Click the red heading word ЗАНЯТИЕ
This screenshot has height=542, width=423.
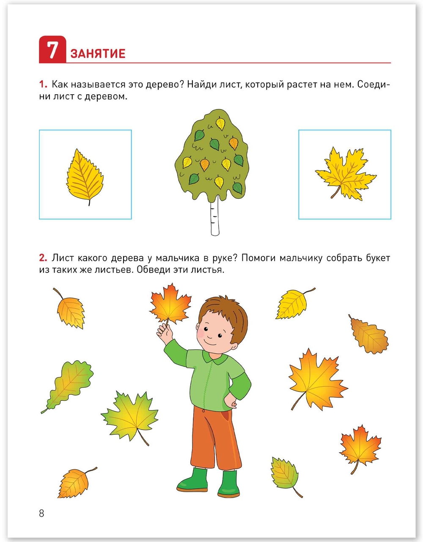tap(98, 54)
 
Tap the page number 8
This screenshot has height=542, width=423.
tap(41, 513)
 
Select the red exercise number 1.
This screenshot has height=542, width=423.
tap(43, 84)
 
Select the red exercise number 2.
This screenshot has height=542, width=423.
tap(43, 258)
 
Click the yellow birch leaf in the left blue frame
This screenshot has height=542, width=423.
tap(85, 177)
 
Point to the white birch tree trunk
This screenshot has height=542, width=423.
tap(215, 216)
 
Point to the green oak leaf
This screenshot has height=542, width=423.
tap(67, 386)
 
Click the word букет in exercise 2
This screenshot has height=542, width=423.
tap(378, 258)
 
